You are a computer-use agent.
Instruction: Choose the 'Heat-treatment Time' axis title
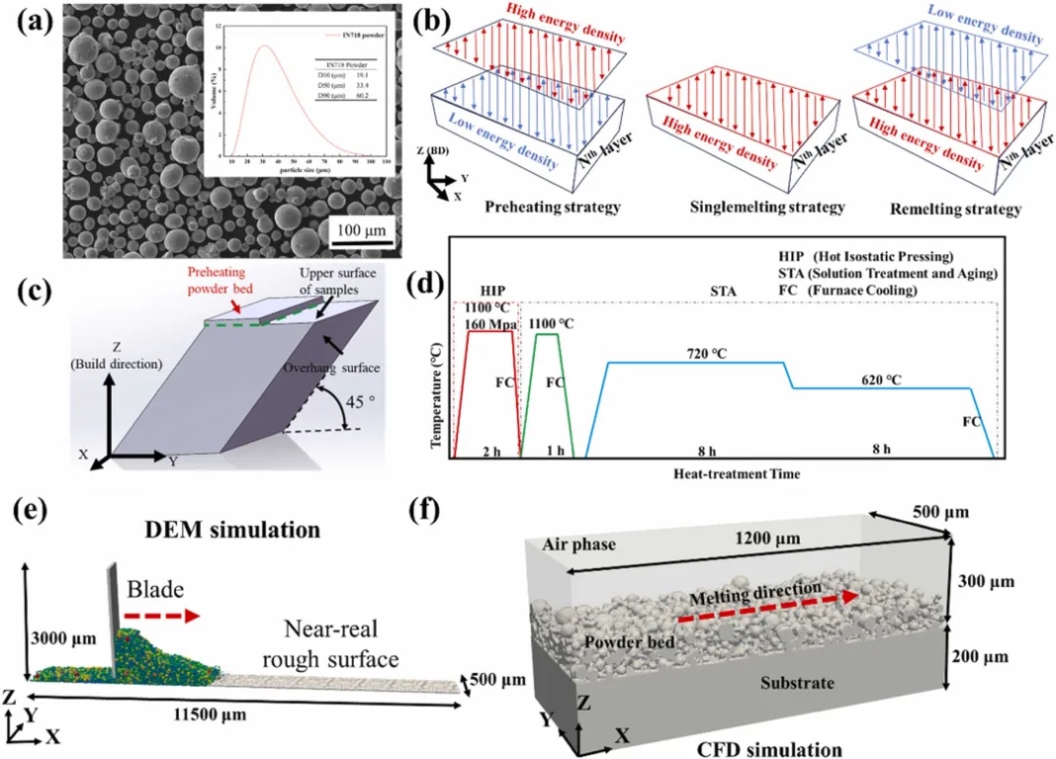[x=735, y=473]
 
